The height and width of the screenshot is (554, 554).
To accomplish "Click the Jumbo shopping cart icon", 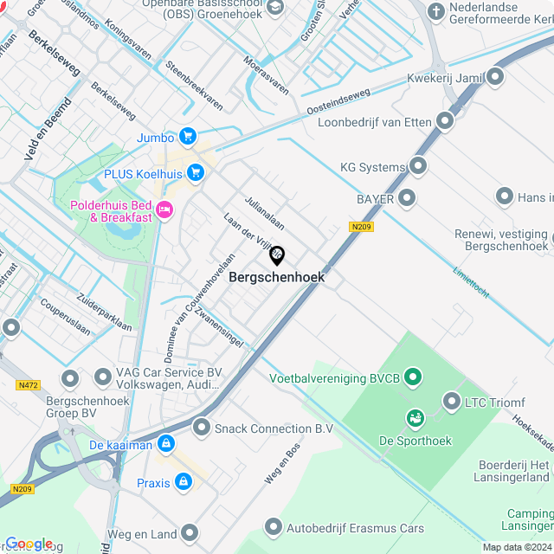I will click(x=188, y=137).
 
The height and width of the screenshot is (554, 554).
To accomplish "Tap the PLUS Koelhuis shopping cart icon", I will click(x=196, y=173).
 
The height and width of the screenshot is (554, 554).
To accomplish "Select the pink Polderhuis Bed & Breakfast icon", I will click(x=164, y=209).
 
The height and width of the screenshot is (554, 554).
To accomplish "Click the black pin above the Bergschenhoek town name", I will click(x=277, y=255).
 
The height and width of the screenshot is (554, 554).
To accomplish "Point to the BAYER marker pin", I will click(x=407, y=199).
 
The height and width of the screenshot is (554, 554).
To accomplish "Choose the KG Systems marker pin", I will click(x=418, y=166).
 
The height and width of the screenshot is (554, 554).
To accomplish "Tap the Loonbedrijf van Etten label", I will click(x=375, y=122).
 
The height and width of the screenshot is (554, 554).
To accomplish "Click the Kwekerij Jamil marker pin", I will click(x=495, y=78).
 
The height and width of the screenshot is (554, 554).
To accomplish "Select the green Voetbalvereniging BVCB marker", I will click(x=413, y=377).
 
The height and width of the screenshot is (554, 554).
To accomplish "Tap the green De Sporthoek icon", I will click(x=415, y=419).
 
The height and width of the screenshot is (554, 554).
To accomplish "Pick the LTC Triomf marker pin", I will click(x=451, y=401).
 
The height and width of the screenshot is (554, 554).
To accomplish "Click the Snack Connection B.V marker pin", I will click(x=202, y=428).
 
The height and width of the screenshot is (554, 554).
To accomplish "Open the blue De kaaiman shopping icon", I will click(x=165, y=445).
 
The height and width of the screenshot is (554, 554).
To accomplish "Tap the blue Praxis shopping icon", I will click(x=183, y=481).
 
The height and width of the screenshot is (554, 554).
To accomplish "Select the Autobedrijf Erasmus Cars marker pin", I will click(x=274, y=526).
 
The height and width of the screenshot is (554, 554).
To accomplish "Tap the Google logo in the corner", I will click(x=29, y=544).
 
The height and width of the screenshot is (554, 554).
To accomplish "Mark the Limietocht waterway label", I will click(x=471, y=282).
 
